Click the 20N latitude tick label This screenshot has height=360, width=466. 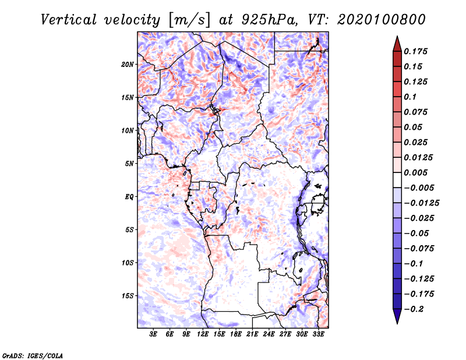pos(128,64)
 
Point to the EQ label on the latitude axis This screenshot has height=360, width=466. pos(129,197)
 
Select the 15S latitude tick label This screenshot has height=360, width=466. pos(128,296)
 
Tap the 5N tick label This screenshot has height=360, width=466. pos(130,164)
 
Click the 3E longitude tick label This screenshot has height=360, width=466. pos(154,334)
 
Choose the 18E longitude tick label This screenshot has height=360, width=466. pos(236,334)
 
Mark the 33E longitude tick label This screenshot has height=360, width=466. pos(318,334)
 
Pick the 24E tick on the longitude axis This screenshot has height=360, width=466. pos(269,334)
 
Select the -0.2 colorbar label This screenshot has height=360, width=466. pos(416,309)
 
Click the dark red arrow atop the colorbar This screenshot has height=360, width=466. pos(396,42)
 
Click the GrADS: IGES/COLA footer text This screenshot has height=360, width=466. pos(33,355)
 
